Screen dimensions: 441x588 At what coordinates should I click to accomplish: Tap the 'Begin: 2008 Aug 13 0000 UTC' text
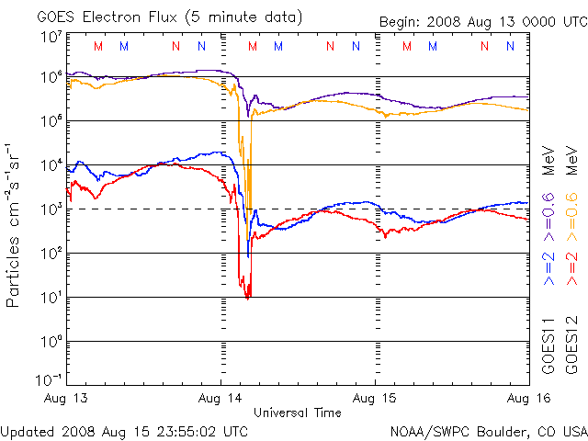[482, 22]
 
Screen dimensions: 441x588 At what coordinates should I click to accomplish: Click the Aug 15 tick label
[376, 399]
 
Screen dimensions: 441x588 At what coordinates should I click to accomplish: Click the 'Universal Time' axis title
[298, 413]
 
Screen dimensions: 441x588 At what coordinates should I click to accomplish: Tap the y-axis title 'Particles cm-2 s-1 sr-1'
[15, 224]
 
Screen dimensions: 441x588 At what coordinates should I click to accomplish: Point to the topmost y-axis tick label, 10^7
[51, 36]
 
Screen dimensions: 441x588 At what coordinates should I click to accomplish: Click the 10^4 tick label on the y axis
[51, 164]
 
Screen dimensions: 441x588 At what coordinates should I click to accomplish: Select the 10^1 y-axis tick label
[51, 297]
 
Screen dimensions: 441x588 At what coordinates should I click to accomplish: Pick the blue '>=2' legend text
[548, 266]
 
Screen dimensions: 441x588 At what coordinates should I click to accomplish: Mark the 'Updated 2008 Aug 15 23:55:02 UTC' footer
[124, 430]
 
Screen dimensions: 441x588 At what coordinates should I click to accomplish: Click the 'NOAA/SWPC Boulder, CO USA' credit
[488, 430]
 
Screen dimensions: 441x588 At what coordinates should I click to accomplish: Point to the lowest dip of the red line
[247, 297]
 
